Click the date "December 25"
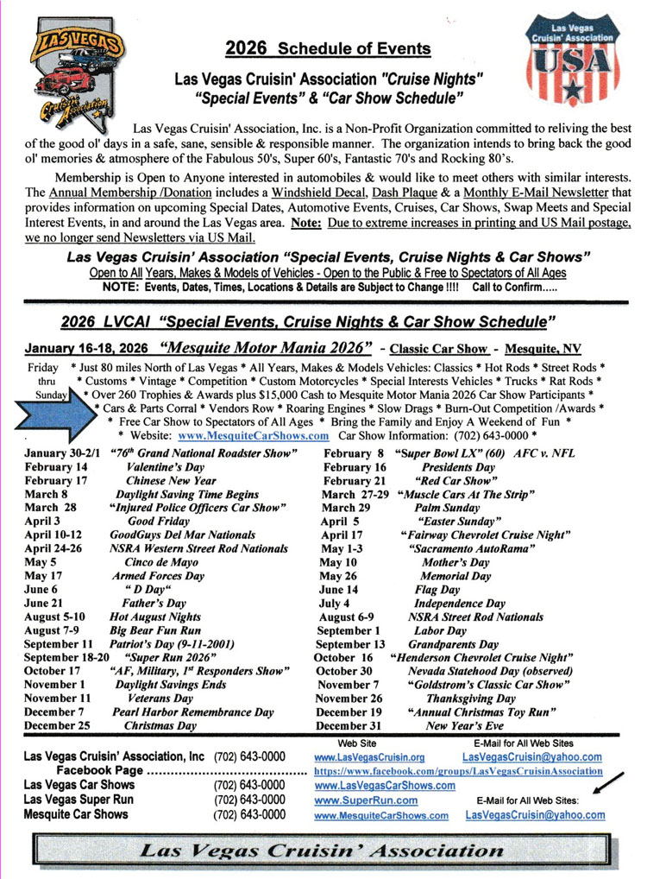coord(57,726)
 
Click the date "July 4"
coord(335,603)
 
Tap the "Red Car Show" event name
coord(454,481)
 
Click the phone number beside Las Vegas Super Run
coord(249,799)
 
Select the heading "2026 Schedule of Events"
coord(327,48)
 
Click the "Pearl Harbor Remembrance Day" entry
coord(193,711)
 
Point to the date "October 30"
coord(343,671)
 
